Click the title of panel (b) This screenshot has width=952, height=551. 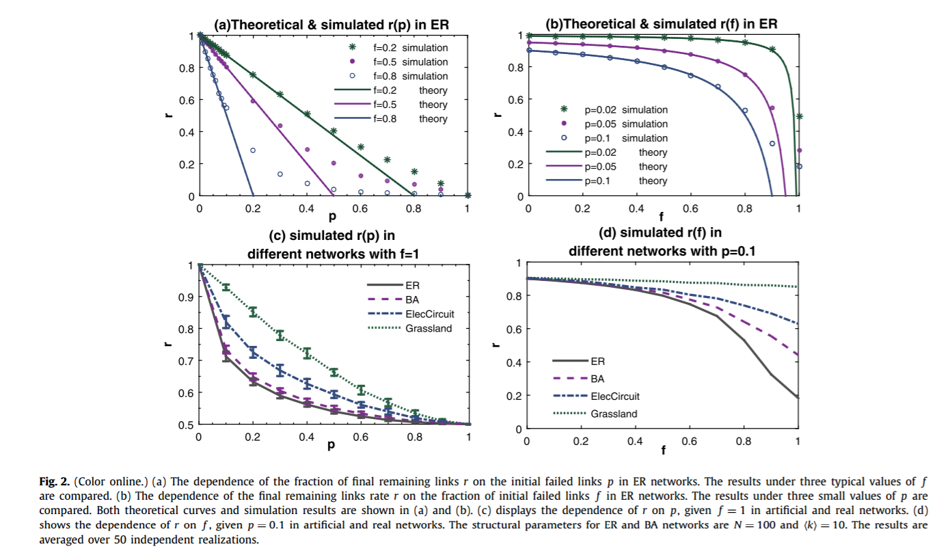tap(662, 24)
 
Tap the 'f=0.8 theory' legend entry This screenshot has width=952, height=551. tap(400, 119)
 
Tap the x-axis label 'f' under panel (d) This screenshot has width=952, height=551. tap(662, 451)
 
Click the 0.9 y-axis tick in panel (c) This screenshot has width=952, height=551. tap(185, 297)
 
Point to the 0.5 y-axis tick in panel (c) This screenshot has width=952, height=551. tap(185, 425)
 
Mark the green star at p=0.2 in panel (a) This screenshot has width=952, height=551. tap(253, 75)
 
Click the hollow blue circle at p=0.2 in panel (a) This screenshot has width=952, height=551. tap(253, 150)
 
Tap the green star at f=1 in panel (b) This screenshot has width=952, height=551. tap(799, 117)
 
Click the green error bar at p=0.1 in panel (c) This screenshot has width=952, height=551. tap(226, 287)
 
